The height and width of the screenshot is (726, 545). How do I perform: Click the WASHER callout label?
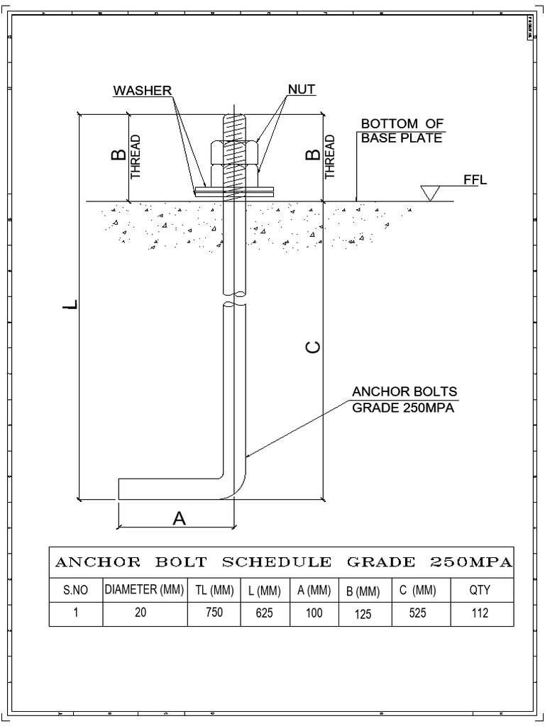pos(142,91)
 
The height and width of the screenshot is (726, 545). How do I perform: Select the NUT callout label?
pos(301,91)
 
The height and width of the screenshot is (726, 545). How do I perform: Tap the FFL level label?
pos(475,180)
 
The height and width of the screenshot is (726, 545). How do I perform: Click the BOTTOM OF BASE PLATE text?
pos(402,131)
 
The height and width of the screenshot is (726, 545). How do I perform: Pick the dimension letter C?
pos(313,347)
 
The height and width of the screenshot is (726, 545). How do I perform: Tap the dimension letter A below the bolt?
pos(179,519)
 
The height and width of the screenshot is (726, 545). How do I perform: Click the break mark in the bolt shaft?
pos(235,298)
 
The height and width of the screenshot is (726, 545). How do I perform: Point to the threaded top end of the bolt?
pos(235,128)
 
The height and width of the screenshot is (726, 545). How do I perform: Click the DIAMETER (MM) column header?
pos(145,590)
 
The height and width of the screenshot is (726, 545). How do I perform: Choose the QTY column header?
pos(480,590)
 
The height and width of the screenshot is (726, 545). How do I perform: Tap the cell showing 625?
pos(264,614)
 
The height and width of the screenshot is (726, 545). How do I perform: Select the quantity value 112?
pos(480,614)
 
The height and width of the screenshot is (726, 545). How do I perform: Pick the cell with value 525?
pos(418,614)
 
